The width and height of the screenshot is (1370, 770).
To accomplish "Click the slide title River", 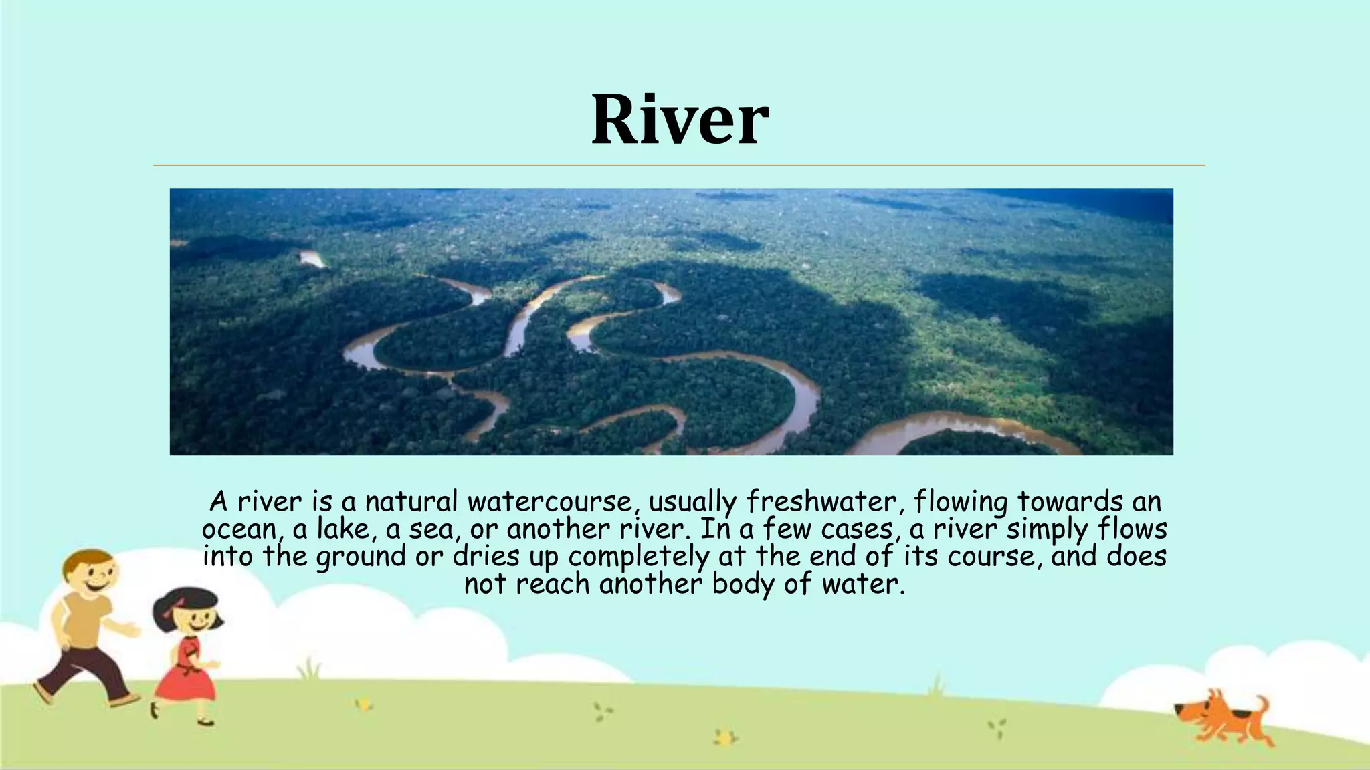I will [x=680, y=120].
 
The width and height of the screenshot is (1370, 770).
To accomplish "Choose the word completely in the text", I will [x=639, y=557].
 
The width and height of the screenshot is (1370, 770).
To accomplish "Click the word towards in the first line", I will [x=1060, y=501].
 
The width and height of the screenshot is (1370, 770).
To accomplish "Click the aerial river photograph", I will [x=671, y=322].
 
